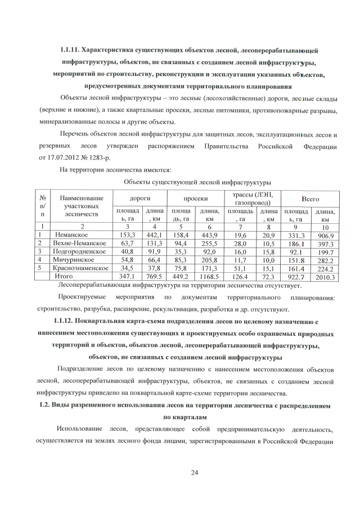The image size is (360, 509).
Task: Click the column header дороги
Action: pyautogui.click(x=139, y=199)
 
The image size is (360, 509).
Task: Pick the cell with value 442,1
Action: pyautogui.click(x=154, y=235)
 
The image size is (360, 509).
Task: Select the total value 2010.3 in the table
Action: pyautogui.click(x=325, y=277)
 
